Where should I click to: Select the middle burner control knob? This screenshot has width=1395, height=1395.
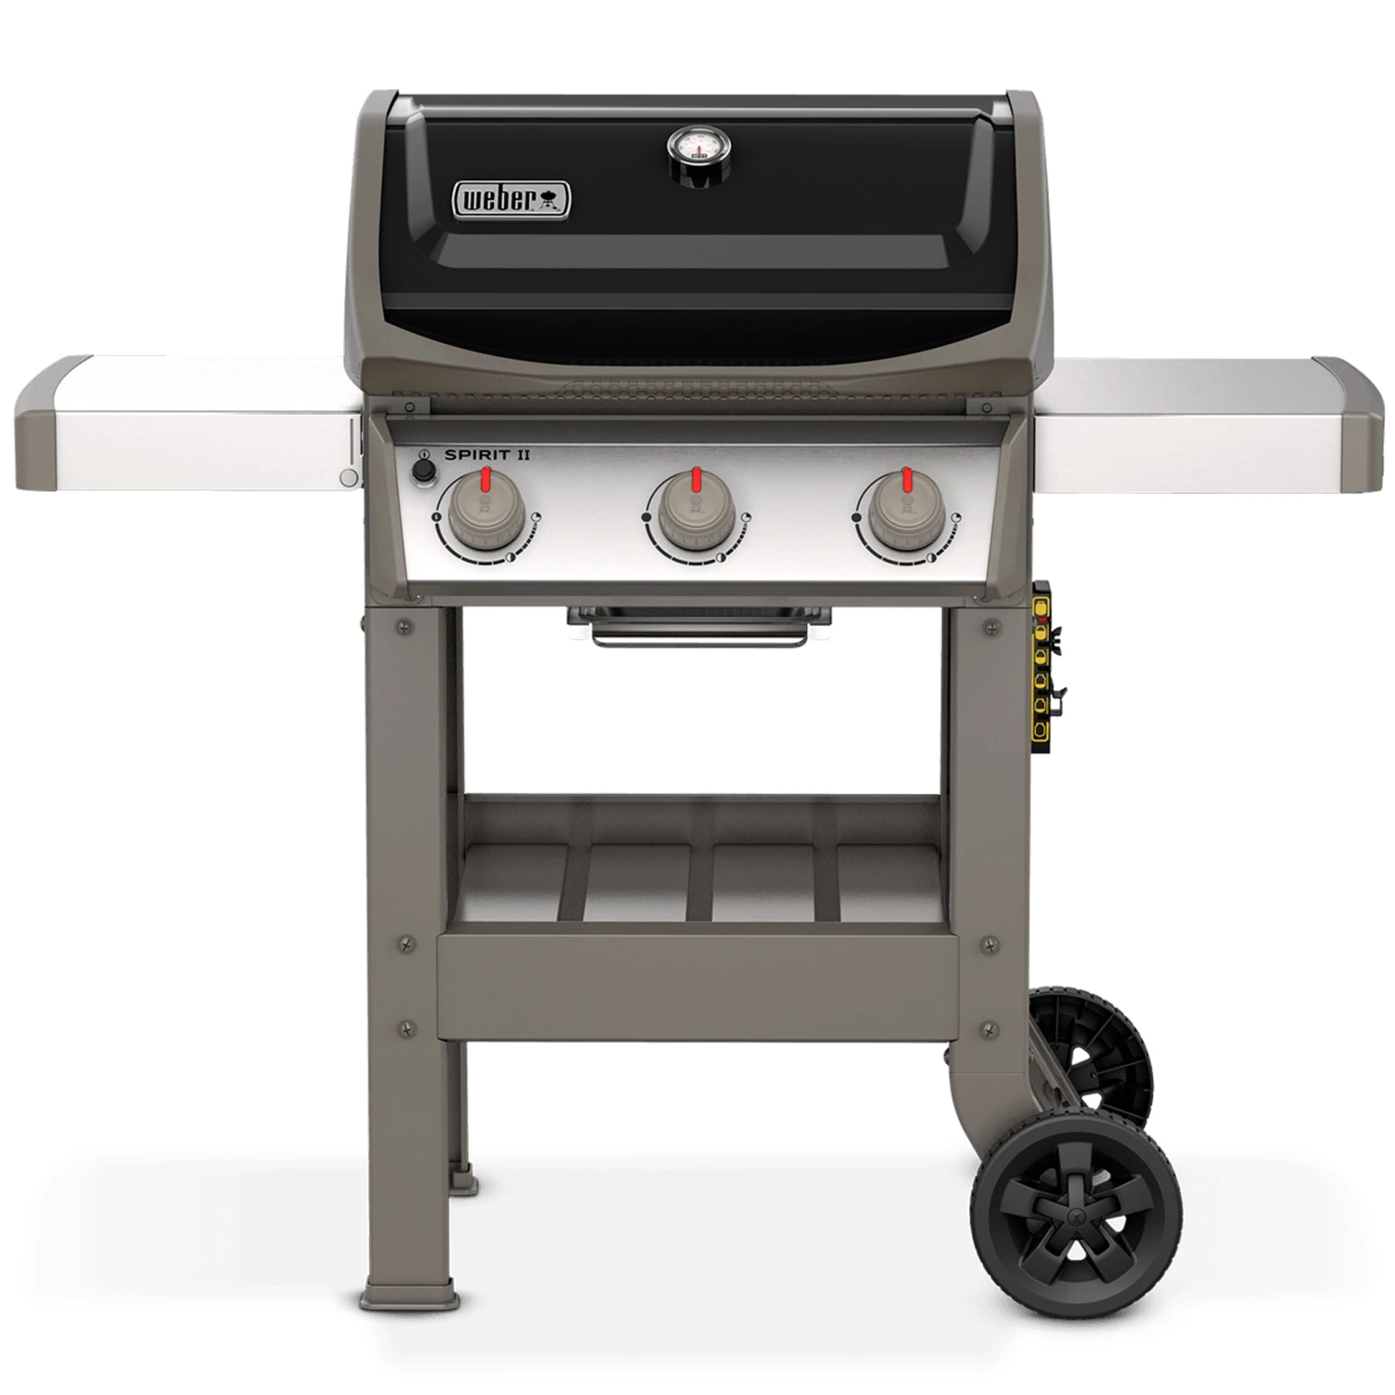(x=696, y=512)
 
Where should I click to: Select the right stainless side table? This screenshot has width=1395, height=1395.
(x=1204, y=423)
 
